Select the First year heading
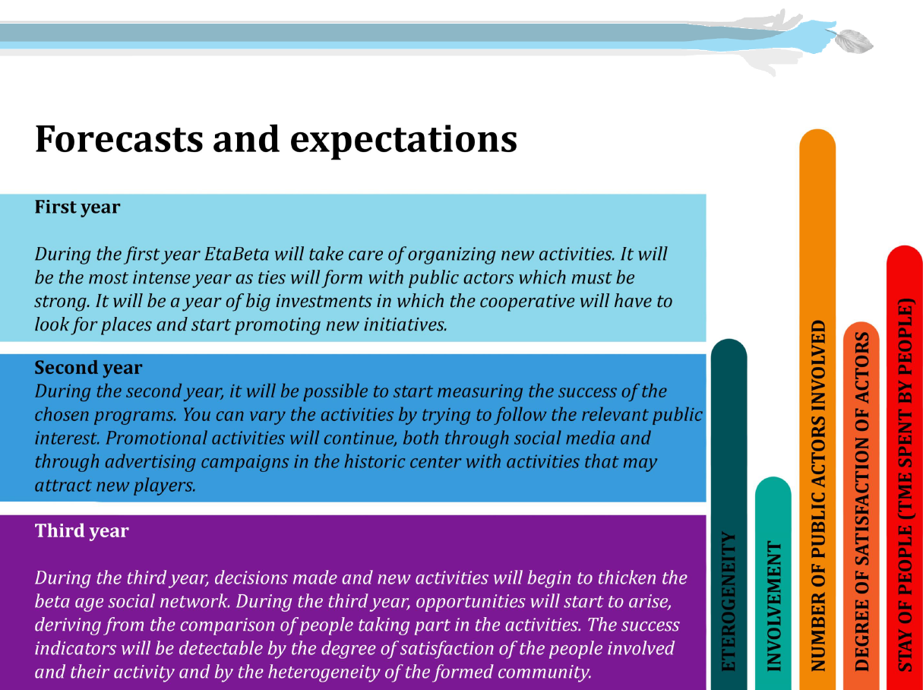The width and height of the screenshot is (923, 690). point(77,207)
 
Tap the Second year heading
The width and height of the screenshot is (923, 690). point(88,368)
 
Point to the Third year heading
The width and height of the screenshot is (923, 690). point(81,530)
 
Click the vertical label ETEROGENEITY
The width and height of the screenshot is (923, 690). point(729,601)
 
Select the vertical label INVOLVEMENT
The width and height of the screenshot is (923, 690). point(773,606)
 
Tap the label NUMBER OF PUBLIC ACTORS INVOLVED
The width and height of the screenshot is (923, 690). point(818,495)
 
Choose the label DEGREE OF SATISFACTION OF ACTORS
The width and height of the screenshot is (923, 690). point(861,502)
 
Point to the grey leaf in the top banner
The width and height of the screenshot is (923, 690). point(853,41)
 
